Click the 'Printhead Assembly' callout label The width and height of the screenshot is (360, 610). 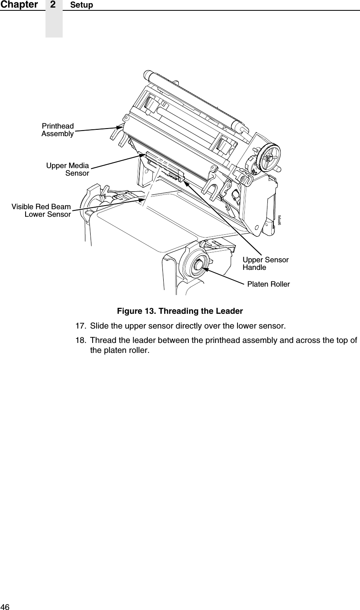57,130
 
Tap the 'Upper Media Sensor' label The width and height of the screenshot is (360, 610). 67,169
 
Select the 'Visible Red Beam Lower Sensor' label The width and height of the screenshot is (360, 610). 41,210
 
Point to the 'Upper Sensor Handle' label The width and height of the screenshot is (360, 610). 265,263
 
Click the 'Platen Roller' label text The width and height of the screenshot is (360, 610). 268,284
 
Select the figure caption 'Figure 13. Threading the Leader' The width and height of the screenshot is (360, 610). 180,311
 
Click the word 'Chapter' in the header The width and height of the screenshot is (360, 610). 19,5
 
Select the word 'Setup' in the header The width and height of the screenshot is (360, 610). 81,5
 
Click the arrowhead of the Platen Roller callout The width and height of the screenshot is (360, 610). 204,269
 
